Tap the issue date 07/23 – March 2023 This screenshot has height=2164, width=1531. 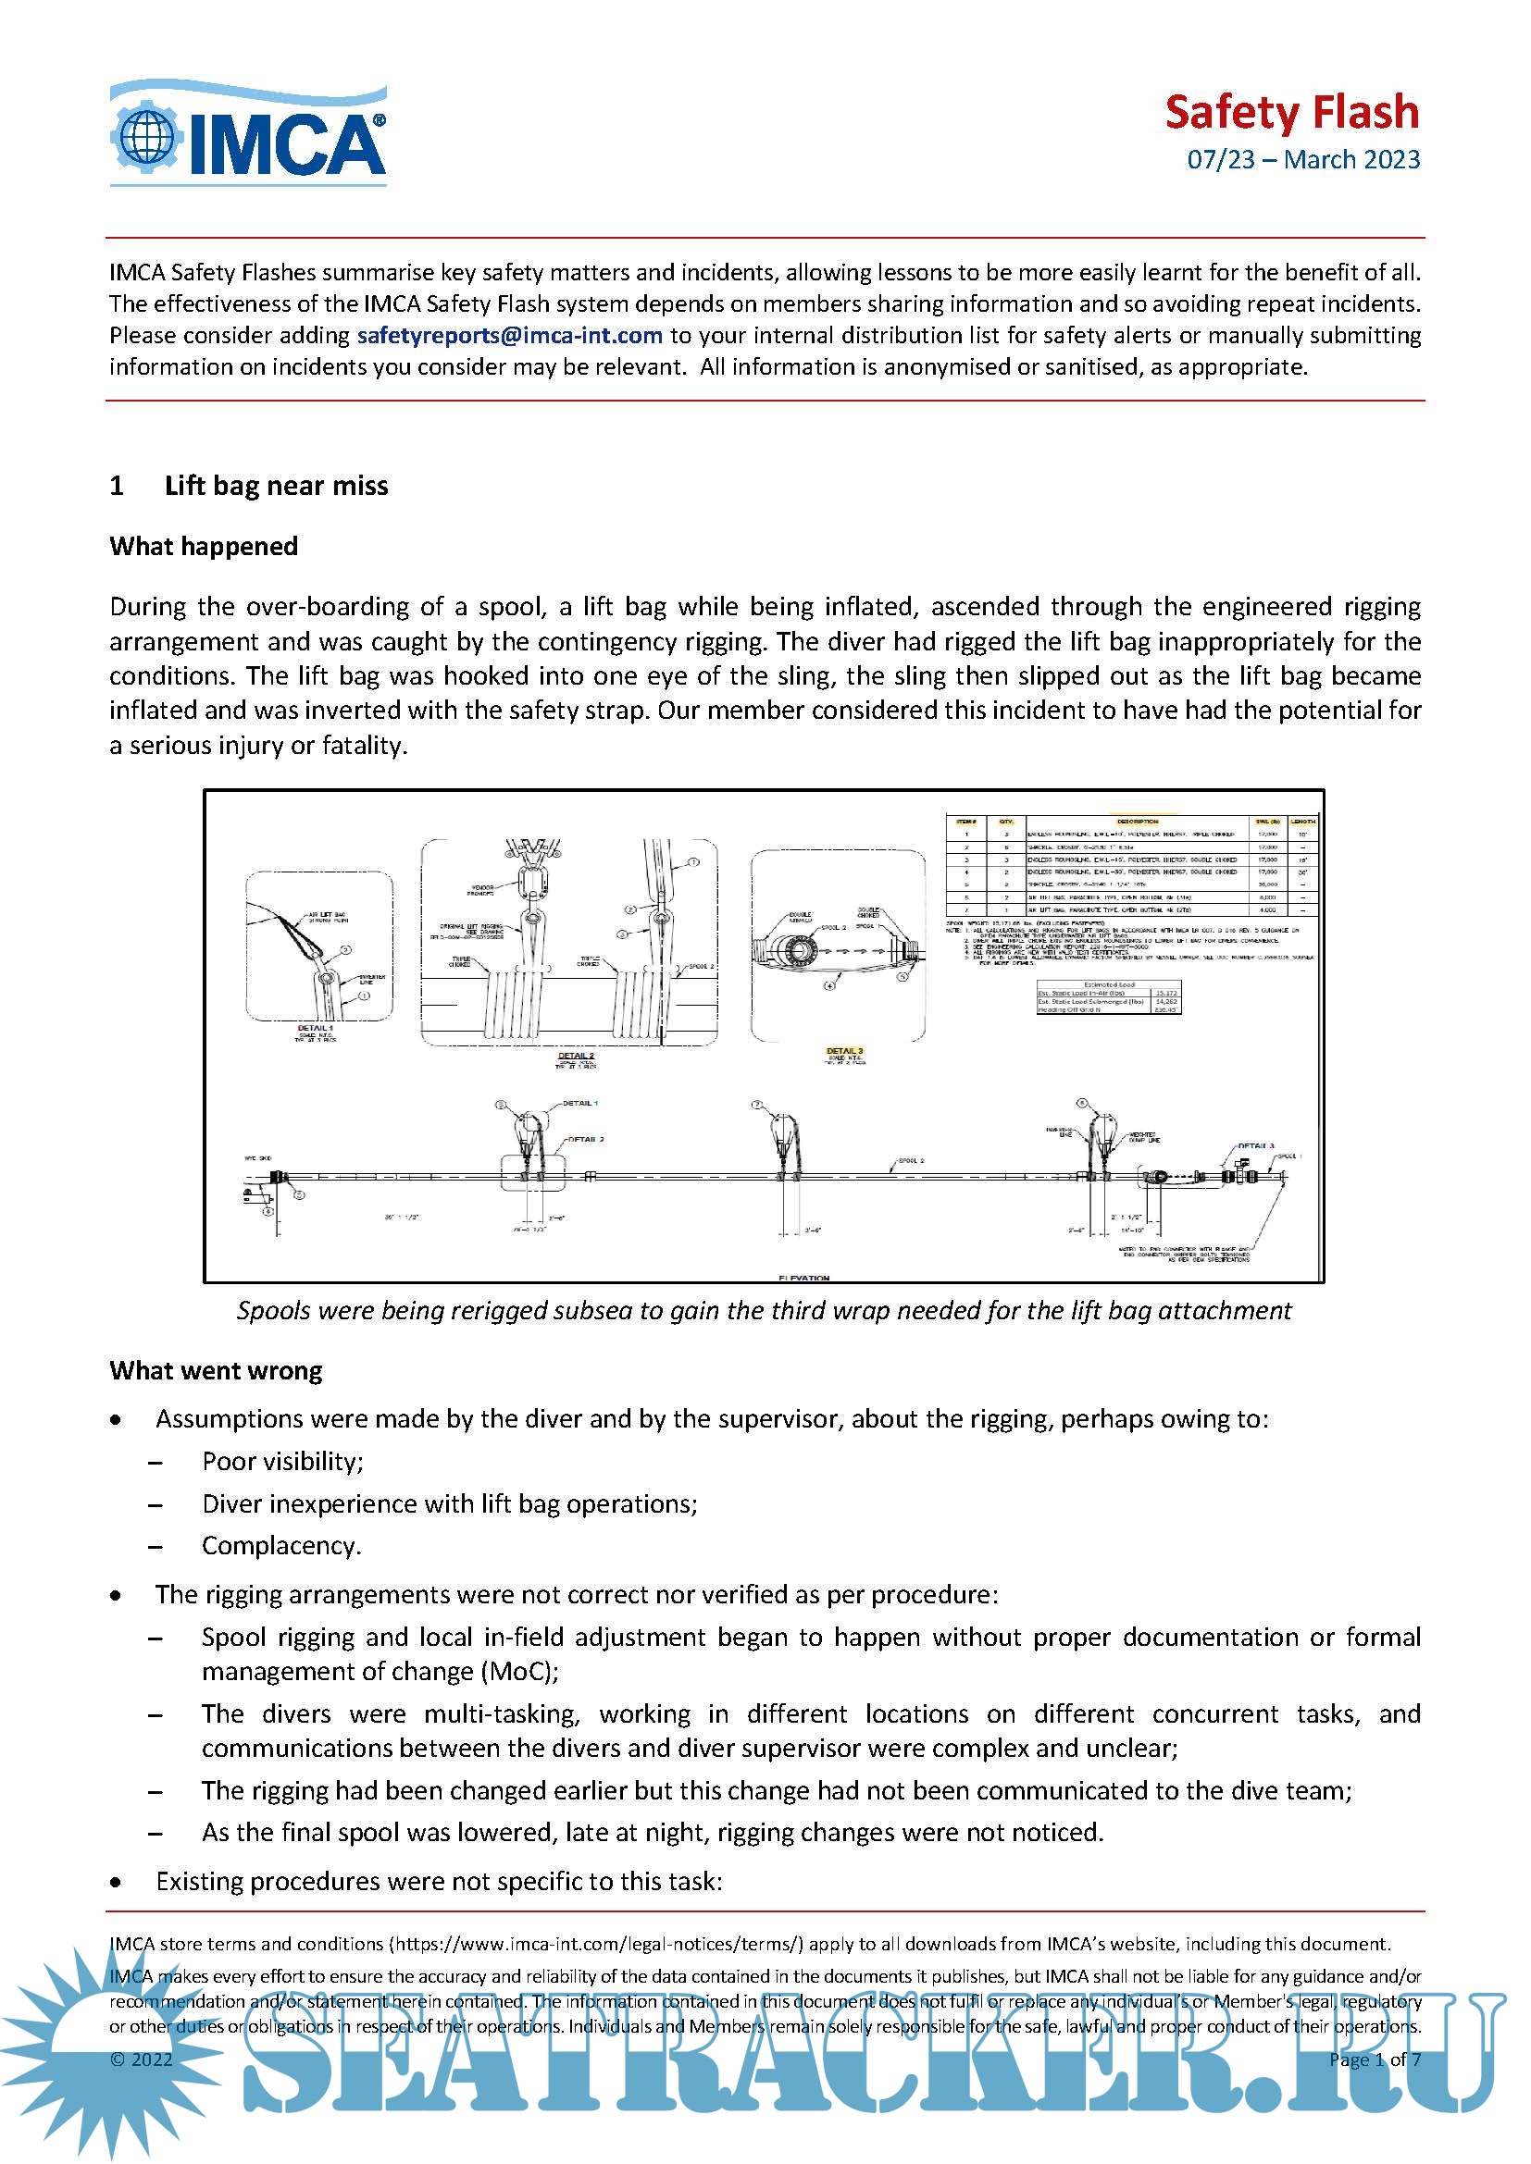pos(1303,159)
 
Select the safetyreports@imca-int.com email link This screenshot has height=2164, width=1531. pos(509,336)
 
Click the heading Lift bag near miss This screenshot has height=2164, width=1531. pos(275,486)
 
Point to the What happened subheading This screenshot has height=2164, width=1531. pos(204,547)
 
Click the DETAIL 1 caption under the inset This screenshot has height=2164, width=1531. pos(315,1027)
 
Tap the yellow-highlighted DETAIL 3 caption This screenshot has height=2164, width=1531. pos(844,1051)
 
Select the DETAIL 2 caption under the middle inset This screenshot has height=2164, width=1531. pos(576,1056)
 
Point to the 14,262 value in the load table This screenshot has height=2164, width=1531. pos(1166,1001)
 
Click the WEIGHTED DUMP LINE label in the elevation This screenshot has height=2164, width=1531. pos(1142,1137)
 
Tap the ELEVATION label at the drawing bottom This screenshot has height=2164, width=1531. pos(804,1278)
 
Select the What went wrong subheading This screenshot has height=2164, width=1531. pos(216,1370)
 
